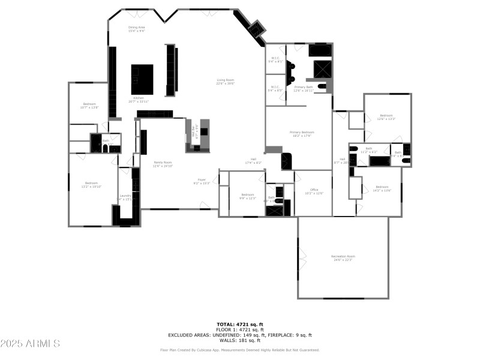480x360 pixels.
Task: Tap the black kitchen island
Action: (x=142, y=79)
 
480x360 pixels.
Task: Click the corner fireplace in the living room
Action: (x=257, y=28)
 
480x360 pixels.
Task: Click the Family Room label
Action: (x=163, y=164)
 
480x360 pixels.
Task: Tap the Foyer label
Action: (x=202, y=181)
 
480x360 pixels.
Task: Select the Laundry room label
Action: (x=125, y=197)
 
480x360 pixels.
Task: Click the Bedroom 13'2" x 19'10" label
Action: (x=91, y=185)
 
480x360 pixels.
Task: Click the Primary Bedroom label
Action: (x=302, y=134)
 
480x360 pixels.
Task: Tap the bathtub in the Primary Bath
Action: (x=320, y=50)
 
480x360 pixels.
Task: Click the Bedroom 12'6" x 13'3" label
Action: (x=386, y=117)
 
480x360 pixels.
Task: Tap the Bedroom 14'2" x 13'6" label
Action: (x=382, y=188)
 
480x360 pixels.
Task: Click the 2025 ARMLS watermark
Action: (x=30, y=344)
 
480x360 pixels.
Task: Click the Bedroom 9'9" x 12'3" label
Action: (x=248, y=196)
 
